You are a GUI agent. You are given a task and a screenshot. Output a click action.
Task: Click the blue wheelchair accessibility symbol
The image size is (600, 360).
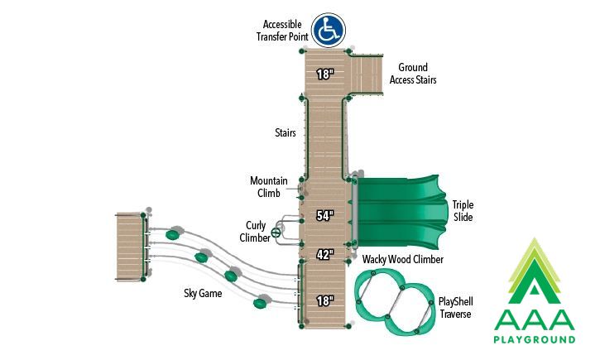(x=329, y=31)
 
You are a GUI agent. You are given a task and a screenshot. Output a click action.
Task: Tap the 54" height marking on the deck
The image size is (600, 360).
(x=325, y=216)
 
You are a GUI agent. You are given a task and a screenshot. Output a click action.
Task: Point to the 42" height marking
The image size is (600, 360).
(x=325, y=254)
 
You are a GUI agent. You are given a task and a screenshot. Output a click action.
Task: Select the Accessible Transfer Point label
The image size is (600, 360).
(x=282, y=31)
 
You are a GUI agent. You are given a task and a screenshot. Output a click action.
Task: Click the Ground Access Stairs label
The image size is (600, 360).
(x=413, y=74)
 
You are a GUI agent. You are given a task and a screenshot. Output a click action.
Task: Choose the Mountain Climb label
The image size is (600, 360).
(x=269, y=187)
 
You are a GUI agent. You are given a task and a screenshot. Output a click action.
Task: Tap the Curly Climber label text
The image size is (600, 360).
(x=255, y=232)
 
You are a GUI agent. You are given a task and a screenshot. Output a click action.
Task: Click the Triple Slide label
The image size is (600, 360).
(x=463, y=211)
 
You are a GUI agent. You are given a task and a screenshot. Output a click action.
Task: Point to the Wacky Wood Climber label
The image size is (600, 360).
(x=403, y=259)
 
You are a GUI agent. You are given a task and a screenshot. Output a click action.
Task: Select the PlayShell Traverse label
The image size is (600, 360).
(x=456, y=308)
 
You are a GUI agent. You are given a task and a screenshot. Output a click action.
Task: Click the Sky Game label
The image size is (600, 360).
(x=203, y=294)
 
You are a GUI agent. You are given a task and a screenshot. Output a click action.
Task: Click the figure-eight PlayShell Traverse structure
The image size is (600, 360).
(x=395, y=300)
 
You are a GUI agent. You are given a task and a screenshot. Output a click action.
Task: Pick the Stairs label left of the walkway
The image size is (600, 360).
(x=286, y=132)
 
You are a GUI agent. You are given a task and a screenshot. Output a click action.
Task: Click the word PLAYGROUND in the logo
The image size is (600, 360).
(x=535, y=339)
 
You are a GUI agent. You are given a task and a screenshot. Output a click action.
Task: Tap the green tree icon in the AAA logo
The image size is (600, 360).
(x=535, y=271)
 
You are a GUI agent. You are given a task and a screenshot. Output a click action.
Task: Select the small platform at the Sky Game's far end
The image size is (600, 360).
(x=130, y=247)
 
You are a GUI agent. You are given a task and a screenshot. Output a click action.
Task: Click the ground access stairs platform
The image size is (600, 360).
(x=367, y=74)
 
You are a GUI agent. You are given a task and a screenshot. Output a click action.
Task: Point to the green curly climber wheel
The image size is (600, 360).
(x=276, y=233)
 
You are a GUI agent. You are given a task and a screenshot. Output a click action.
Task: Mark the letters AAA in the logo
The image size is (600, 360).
(x=535, y=319)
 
